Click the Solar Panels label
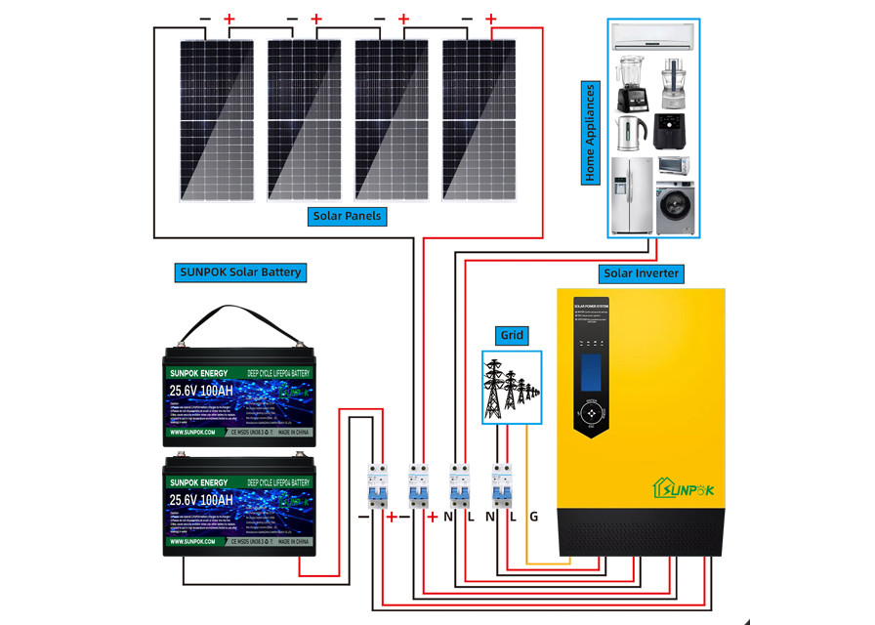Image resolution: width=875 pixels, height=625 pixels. (348, 215)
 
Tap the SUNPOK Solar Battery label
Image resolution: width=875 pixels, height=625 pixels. (240, 272)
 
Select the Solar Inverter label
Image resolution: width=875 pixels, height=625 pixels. (641, 272)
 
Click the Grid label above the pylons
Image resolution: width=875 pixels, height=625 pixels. (512, 335)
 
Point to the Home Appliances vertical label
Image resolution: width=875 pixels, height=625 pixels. (591, 133)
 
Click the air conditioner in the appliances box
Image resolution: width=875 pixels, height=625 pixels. (652, 37)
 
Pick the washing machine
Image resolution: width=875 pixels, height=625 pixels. (675, 208)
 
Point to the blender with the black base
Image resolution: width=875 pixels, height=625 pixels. (630, 83)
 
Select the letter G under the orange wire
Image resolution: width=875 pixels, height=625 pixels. (532, 516)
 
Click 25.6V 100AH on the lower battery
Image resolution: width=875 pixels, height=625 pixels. (201, 500)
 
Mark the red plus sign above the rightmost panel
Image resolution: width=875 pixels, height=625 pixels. (491, 19)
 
